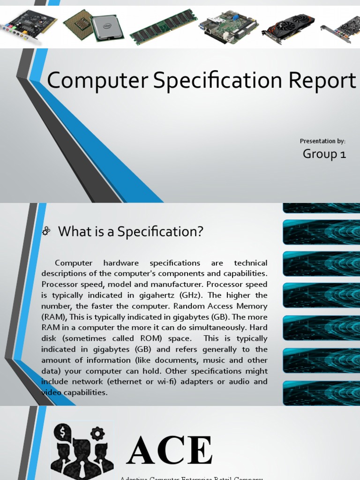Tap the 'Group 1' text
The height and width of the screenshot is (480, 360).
point(324,154)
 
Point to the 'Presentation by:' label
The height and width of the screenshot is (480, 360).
point(322,141)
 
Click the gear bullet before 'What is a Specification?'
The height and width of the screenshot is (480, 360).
point(46,231)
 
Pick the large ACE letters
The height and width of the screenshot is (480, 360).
point(170,451)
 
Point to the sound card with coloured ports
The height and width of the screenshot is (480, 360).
point(29,25)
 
